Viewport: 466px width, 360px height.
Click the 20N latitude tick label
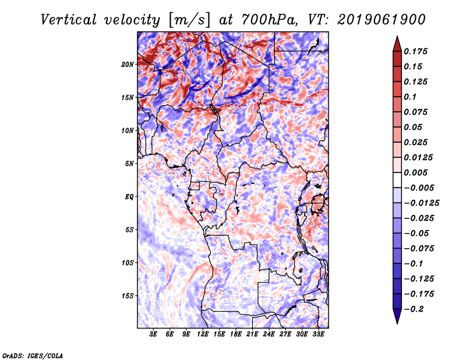click(x=128, y=65)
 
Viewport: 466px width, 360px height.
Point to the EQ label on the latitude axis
click(x=129, y=197)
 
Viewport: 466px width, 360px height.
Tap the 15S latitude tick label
click(x=128, y=296)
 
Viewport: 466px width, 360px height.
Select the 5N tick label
click(x=129, y=164)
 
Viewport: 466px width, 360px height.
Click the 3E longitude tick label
click(x=153, y=334)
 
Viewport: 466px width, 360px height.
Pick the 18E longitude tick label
click(x=235, y=334)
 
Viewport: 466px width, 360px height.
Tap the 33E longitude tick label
click(x=318, y=334)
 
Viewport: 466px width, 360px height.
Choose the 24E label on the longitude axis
click(x=269, y=334)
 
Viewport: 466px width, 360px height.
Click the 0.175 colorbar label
click(x=415, y=52)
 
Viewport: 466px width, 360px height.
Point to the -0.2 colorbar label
click(x=414, y=309)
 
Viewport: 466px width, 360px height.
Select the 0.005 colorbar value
click(x=415, y=172)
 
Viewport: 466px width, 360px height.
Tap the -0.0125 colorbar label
click(x=421, y=203)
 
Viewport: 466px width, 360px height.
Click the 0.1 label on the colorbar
click(x=410, y=97)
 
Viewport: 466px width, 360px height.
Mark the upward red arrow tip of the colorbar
click(x=397, y=37)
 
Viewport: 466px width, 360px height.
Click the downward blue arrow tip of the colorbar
click(x=397, y=323)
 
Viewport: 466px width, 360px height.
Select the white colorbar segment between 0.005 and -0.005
click(x=397, y=180)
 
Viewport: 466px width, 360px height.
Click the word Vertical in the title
click(x=69, y=20)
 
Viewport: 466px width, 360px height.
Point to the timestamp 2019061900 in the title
click(x=382, y=20)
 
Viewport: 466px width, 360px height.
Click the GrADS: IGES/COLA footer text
click(x=33, y=356)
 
